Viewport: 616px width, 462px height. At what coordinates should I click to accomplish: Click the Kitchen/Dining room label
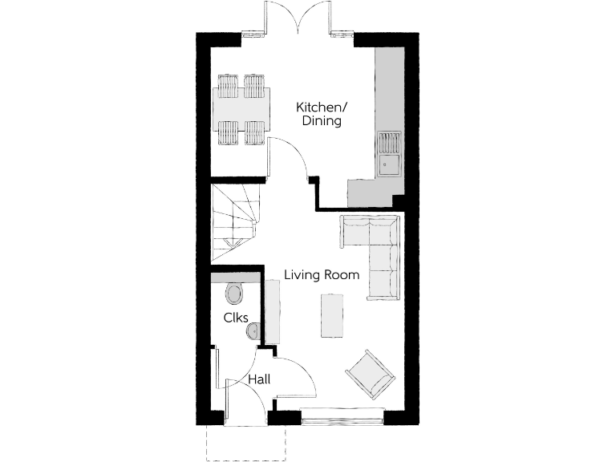click(x=319, y=114)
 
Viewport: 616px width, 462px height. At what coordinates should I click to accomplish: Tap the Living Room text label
click(x=322, y=275)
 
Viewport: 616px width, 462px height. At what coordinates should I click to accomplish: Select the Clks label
click(x=235, y=317)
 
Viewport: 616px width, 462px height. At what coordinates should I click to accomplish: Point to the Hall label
click(x=258, y=379)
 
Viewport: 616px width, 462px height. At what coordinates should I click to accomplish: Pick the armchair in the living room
click(x=370, y=374)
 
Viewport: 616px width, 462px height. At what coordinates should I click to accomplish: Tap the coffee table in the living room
click(x=331, y=316)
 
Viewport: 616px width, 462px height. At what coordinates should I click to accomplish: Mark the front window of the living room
click(x=343, y=415)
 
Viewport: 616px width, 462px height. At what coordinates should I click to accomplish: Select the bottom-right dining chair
click(x=255, y=133)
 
